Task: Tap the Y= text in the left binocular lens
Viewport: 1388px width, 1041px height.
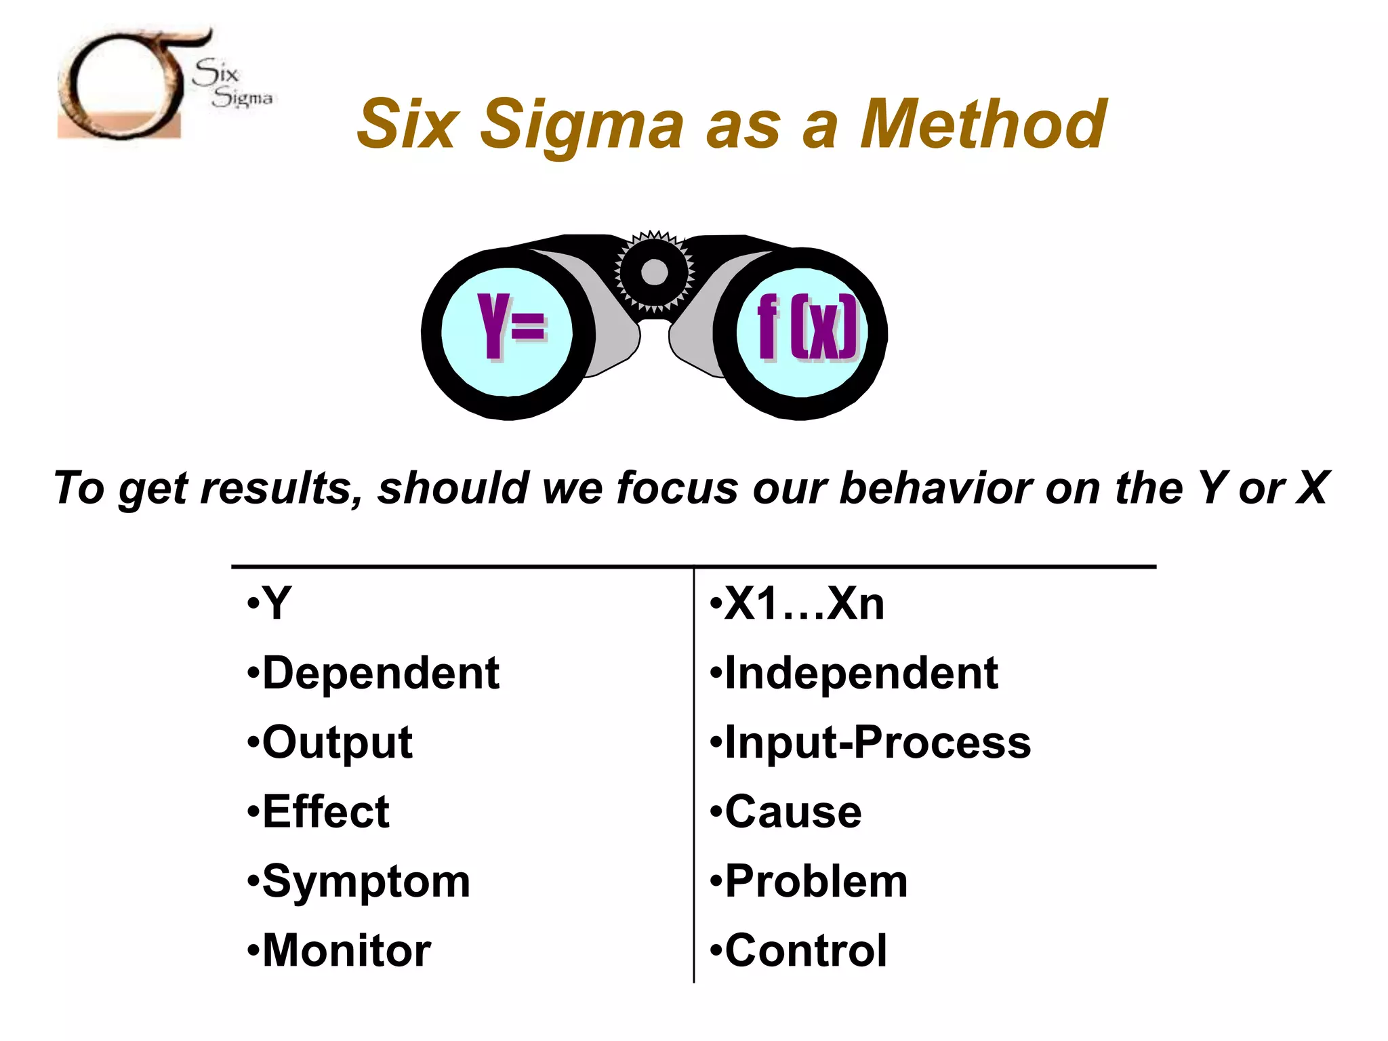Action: click(511, 326)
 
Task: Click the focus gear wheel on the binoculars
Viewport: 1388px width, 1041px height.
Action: click(654, 272)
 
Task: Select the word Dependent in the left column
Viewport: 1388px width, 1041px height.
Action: click(380, 674)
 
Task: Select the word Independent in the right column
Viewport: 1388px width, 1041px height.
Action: click(861, 674)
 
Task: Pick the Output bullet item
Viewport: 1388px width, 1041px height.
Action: click(337, 743)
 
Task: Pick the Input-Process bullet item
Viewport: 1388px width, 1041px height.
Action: click(877, 743)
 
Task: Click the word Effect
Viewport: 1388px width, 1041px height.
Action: click(325, 812)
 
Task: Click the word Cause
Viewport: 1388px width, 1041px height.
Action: click(793, 812)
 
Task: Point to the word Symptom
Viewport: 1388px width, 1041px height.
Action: click(366, 882)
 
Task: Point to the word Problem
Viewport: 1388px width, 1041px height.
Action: click(816, 882)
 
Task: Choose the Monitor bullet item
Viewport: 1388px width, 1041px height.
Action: click(346, 951)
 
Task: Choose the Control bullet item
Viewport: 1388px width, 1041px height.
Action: click(806, 951)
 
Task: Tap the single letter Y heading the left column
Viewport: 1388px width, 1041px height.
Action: click(277, 603)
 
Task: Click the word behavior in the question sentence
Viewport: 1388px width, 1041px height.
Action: click(936, 488)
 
